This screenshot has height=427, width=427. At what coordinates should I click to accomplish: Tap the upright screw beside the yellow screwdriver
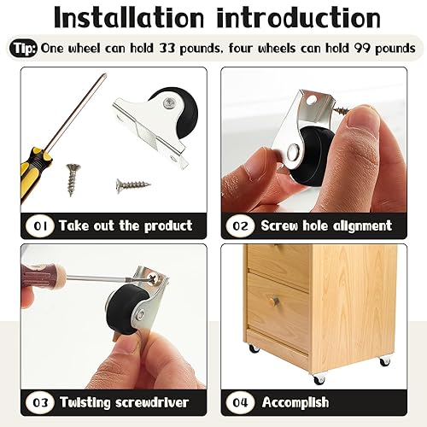(72, 179)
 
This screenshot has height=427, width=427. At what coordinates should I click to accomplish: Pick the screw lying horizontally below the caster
(132, 184)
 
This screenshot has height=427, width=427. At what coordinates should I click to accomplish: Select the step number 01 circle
(39, 226)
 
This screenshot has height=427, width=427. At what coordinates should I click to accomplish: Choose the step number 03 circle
(39, 401)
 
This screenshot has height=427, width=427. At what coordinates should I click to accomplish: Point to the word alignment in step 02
(359, 226)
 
